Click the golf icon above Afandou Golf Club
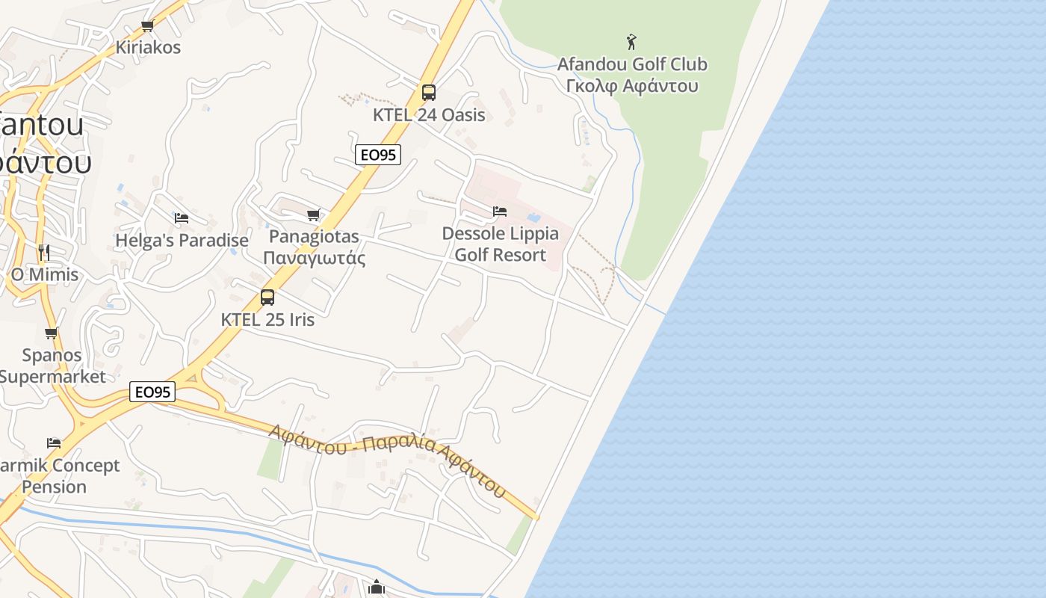pos(631,42)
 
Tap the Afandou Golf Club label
pos(632,64)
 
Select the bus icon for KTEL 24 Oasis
pos(428,93)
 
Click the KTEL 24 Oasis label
pos(429,115)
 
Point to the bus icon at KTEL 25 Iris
pos(267,298)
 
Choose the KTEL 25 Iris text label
pos(267,320)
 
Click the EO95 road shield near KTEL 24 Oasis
pos(378,155)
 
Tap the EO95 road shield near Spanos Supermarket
pos(152,392)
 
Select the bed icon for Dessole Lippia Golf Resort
pos(500,212)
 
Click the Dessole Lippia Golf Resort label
pos(500,244)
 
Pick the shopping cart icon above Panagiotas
pos(314,215)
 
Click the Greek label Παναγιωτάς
pos(314,259)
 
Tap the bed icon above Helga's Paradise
pos(182,218)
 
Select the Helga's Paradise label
pos(182,241)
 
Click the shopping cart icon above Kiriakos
pos(148,26)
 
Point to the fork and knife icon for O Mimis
pos(44,253)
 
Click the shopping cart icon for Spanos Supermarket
pos(52,333)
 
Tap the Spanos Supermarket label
pos(52,366)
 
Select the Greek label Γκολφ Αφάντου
pos(632,86)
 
